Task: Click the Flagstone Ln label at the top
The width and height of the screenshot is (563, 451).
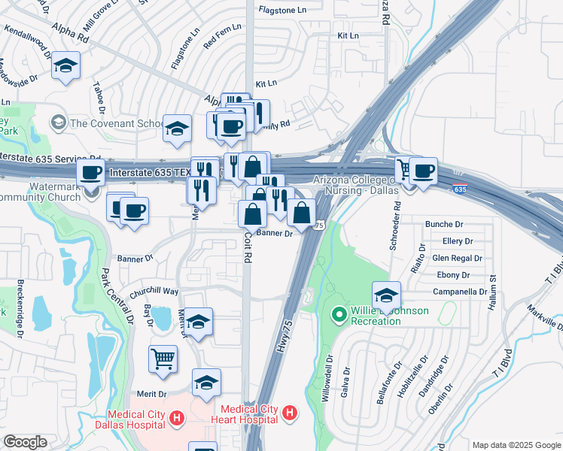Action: click(282, 10)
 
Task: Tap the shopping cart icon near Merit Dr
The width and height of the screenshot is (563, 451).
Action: click(163, 359)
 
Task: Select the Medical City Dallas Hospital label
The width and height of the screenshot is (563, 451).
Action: click(135, 418)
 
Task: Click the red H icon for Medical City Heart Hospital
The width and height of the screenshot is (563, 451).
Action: click(288, 413)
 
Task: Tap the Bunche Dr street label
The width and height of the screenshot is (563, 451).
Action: click(444, 224)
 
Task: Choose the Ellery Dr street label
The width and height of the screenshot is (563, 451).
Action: click(457, 241)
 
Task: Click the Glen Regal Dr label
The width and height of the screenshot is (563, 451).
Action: click(457, 258)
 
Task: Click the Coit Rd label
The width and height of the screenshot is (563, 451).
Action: click(247, 247)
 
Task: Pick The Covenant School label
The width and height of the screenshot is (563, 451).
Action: click(116, 123)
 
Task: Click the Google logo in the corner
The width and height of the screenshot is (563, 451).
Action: click(25, 441)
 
